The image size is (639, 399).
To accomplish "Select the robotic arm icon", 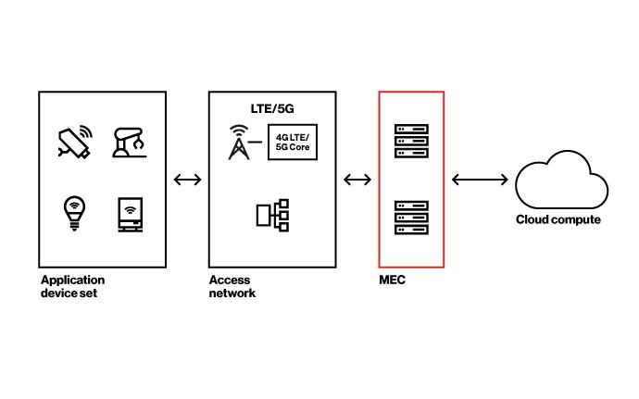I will [x=132, y=143].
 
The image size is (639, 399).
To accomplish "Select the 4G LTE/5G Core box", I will [x=293, y=143].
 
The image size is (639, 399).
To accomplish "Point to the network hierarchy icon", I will [x=272, y=216].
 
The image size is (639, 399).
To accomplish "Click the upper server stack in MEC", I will [x=411, y=141].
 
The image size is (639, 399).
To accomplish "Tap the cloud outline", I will [x=560, y=183].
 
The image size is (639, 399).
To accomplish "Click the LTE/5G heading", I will [x=272, y=108].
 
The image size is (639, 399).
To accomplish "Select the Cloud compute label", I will [x=558, y=220].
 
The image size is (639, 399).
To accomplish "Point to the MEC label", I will [x=393, y=280].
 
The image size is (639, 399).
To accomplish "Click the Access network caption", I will [x=232, y=286].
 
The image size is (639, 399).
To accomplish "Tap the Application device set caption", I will [x=72, y=286].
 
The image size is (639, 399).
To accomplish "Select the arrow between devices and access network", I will [x=187, y=180].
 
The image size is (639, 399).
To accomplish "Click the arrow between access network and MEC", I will [x=357, y=180].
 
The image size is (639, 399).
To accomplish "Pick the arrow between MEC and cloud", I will [x=480, y=180].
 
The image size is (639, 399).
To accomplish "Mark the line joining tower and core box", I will [x=258, y=142].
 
